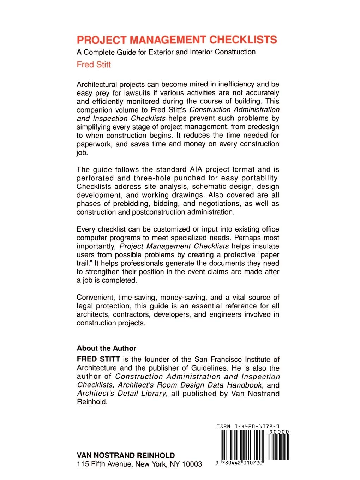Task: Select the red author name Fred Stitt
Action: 94,65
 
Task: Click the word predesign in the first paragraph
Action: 262,127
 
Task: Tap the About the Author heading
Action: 106,348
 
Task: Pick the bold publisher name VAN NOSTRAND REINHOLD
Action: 126,455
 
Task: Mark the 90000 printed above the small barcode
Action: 278,432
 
